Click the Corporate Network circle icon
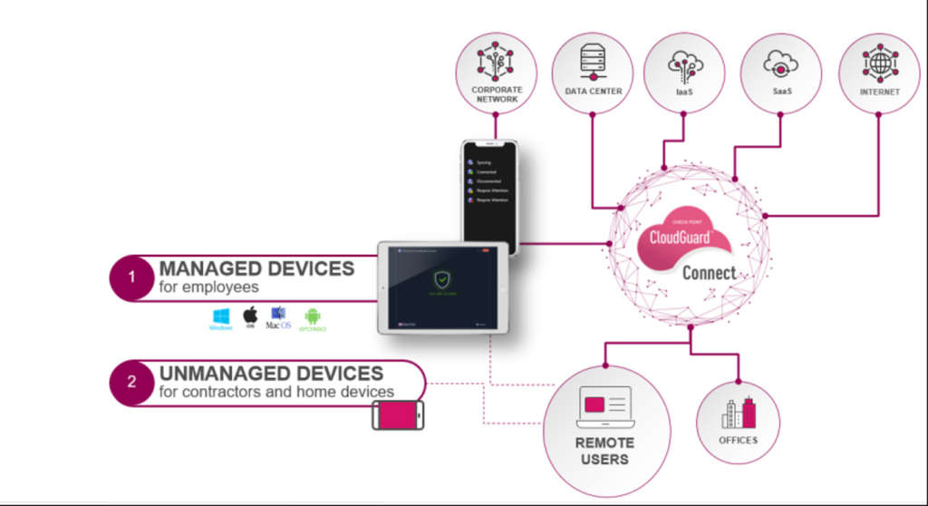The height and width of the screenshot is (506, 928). tap(496, 63)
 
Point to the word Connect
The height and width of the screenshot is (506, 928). tap(709, 272)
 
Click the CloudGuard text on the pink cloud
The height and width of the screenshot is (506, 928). tap(682, 238)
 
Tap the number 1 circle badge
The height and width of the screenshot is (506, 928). tap(131, 277)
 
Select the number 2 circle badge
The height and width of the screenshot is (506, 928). tap(131, 382)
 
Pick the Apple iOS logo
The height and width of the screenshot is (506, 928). tap(250, 316)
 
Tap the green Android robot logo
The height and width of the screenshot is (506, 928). tap(313, 316)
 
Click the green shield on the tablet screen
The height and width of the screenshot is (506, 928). tap(441, 280)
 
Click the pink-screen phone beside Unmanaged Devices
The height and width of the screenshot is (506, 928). tap(398, 415)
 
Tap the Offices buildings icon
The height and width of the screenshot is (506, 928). tap(739, 413)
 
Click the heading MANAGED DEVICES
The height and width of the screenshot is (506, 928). tap(256, 268)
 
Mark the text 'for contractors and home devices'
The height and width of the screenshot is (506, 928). tap(276, 392)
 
